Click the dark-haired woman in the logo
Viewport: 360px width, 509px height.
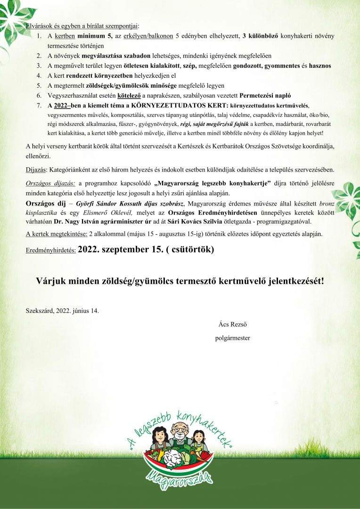point(157,437)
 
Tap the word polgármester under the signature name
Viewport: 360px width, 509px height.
point(232,337)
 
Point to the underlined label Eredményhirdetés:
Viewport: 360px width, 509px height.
point(50,251)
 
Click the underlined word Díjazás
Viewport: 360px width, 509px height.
point(36,169)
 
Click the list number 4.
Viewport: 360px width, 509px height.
point(38,75)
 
